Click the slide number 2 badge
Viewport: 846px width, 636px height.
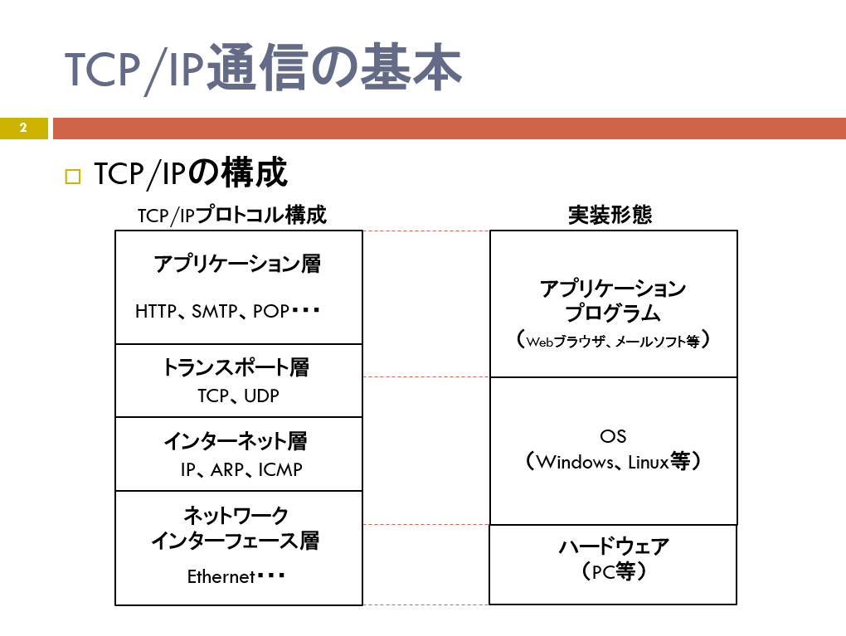point(24,128)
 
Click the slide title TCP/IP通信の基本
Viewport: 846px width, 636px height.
point(263,69)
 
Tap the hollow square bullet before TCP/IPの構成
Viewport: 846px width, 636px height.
point(73,177)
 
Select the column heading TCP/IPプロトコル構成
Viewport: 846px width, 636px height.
point(232,215)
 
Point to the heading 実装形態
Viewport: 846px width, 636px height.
point(610,215)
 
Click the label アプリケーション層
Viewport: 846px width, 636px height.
point(237,264)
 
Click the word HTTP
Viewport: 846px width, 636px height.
point(156,311)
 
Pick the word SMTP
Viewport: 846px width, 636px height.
point(215,311)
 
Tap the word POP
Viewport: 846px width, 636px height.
point(271,311)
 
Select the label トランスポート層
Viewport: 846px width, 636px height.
point(236,367)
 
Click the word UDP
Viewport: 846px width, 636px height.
point(261,396)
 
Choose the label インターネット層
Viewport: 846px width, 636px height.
point(236,441)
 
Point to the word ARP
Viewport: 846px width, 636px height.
point(227,470)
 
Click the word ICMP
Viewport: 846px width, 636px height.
point(280,470)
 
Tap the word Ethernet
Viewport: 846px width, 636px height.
point(221,576)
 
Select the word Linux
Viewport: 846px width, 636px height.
point(649,462)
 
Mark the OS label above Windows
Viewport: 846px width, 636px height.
point(613,436)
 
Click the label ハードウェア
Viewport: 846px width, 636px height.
point(614,546)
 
